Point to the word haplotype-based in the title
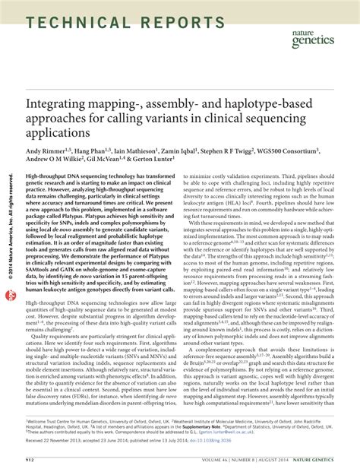[282, 101]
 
